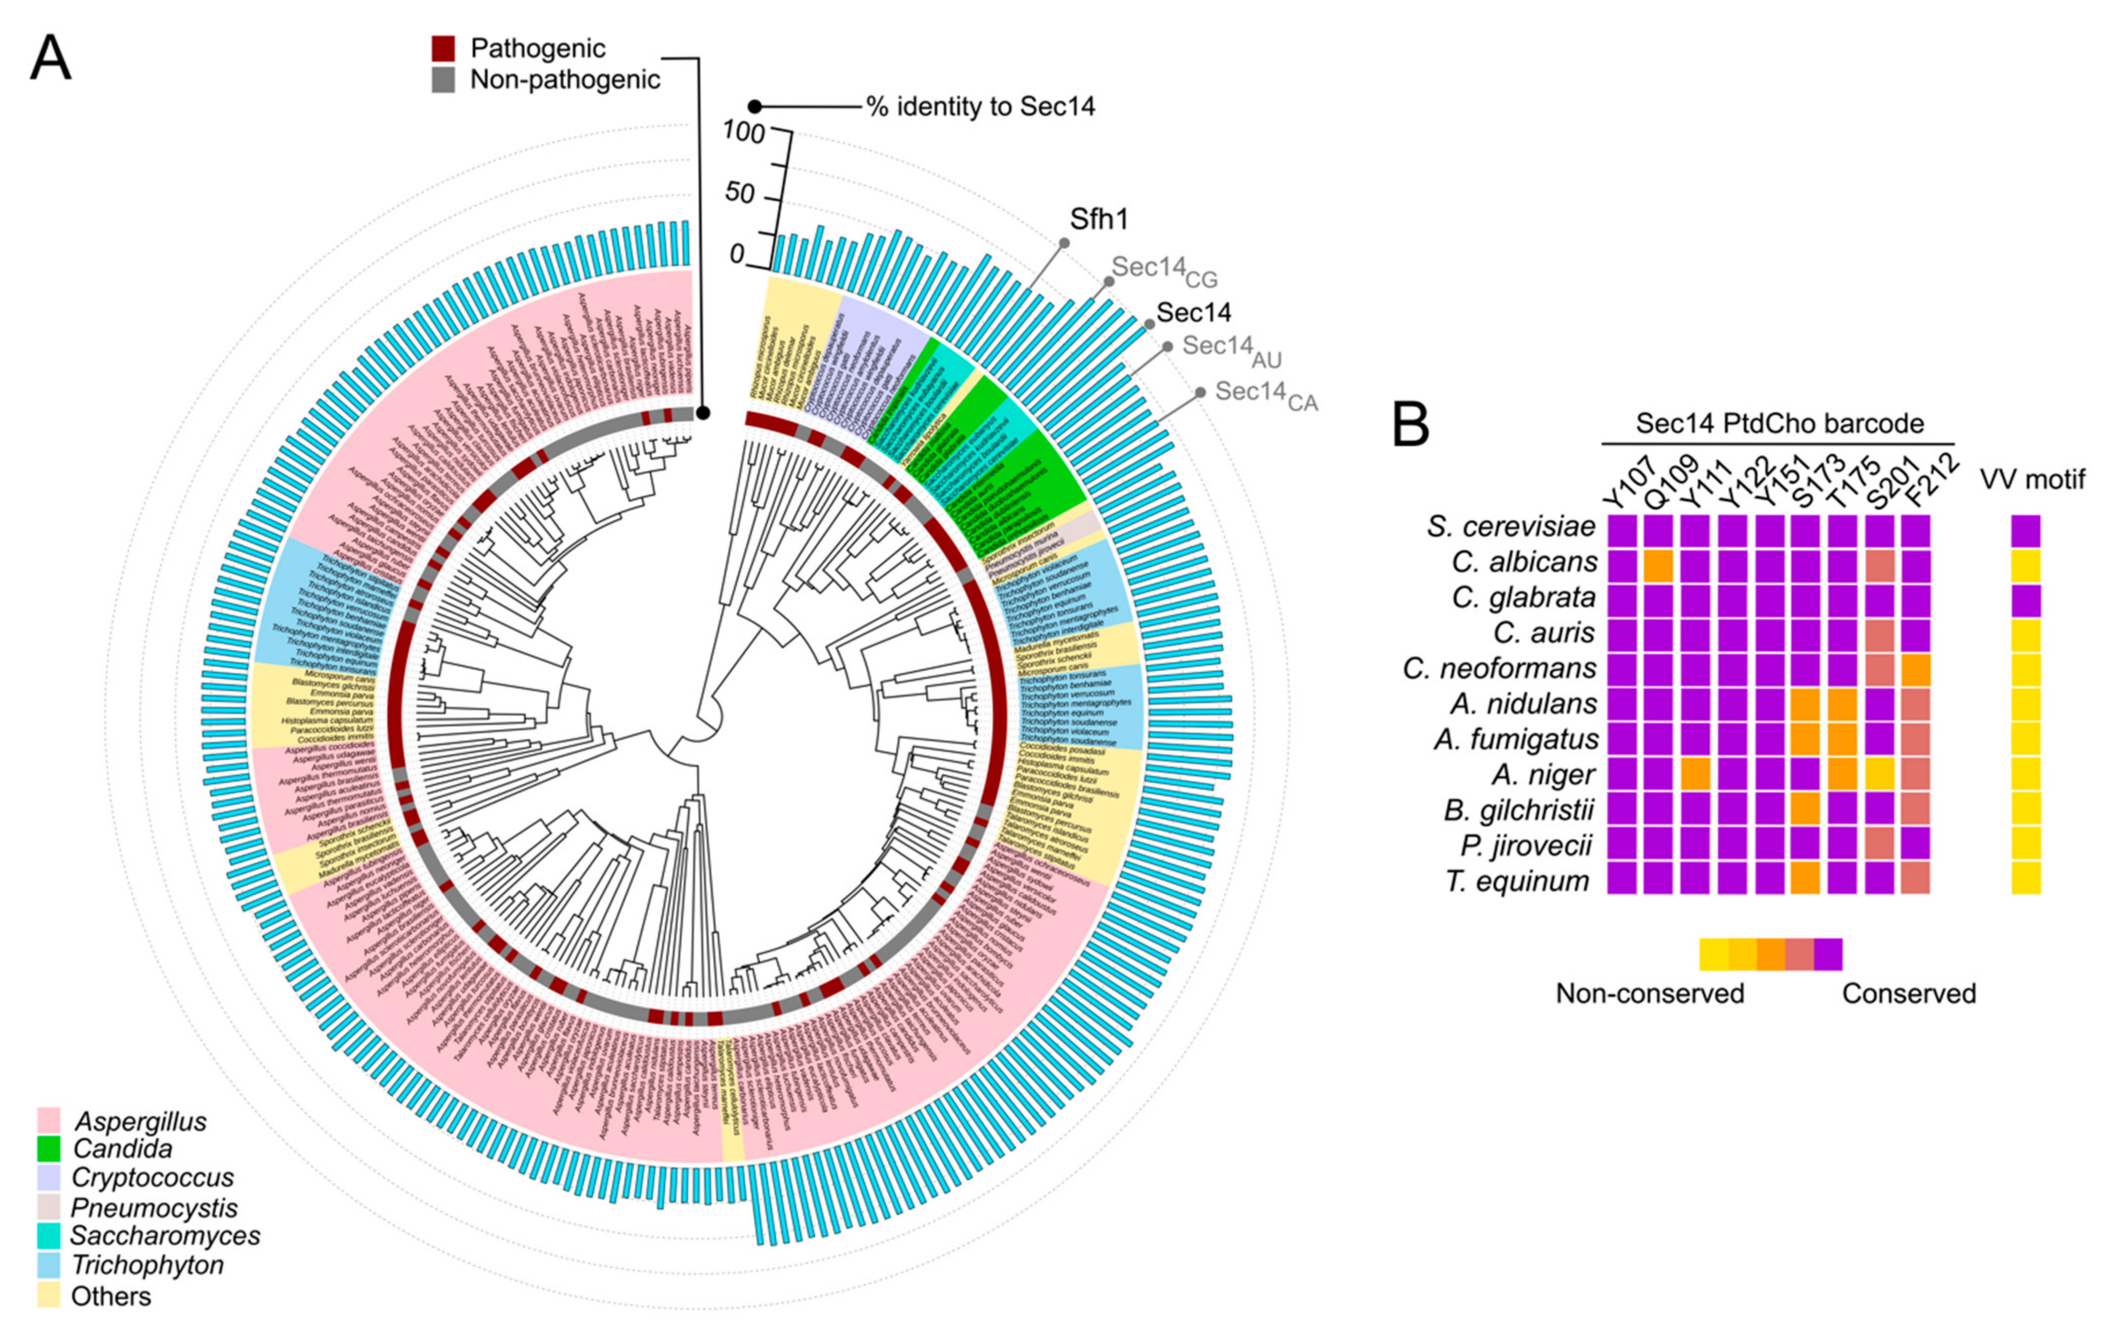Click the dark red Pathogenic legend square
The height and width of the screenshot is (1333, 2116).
[444, 48]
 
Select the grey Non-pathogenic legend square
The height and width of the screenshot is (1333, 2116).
[444, 80]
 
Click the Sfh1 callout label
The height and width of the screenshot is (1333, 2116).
[1098, 219]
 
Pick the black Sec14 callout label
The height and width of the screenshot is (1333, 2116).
[1194, 312]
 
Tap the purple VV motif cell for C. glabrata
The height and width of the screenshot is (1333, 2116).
[2026, 600]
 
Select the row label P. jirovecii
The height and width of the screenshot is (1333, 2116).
[1526, 845]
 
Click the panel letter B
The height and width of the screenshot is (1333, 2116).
[1411, 424]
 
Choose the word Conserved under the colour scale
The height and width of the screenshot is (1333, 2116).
[1908, 994]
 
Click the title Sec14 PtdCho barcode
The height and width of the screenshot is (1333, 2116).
[1779, 423]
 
